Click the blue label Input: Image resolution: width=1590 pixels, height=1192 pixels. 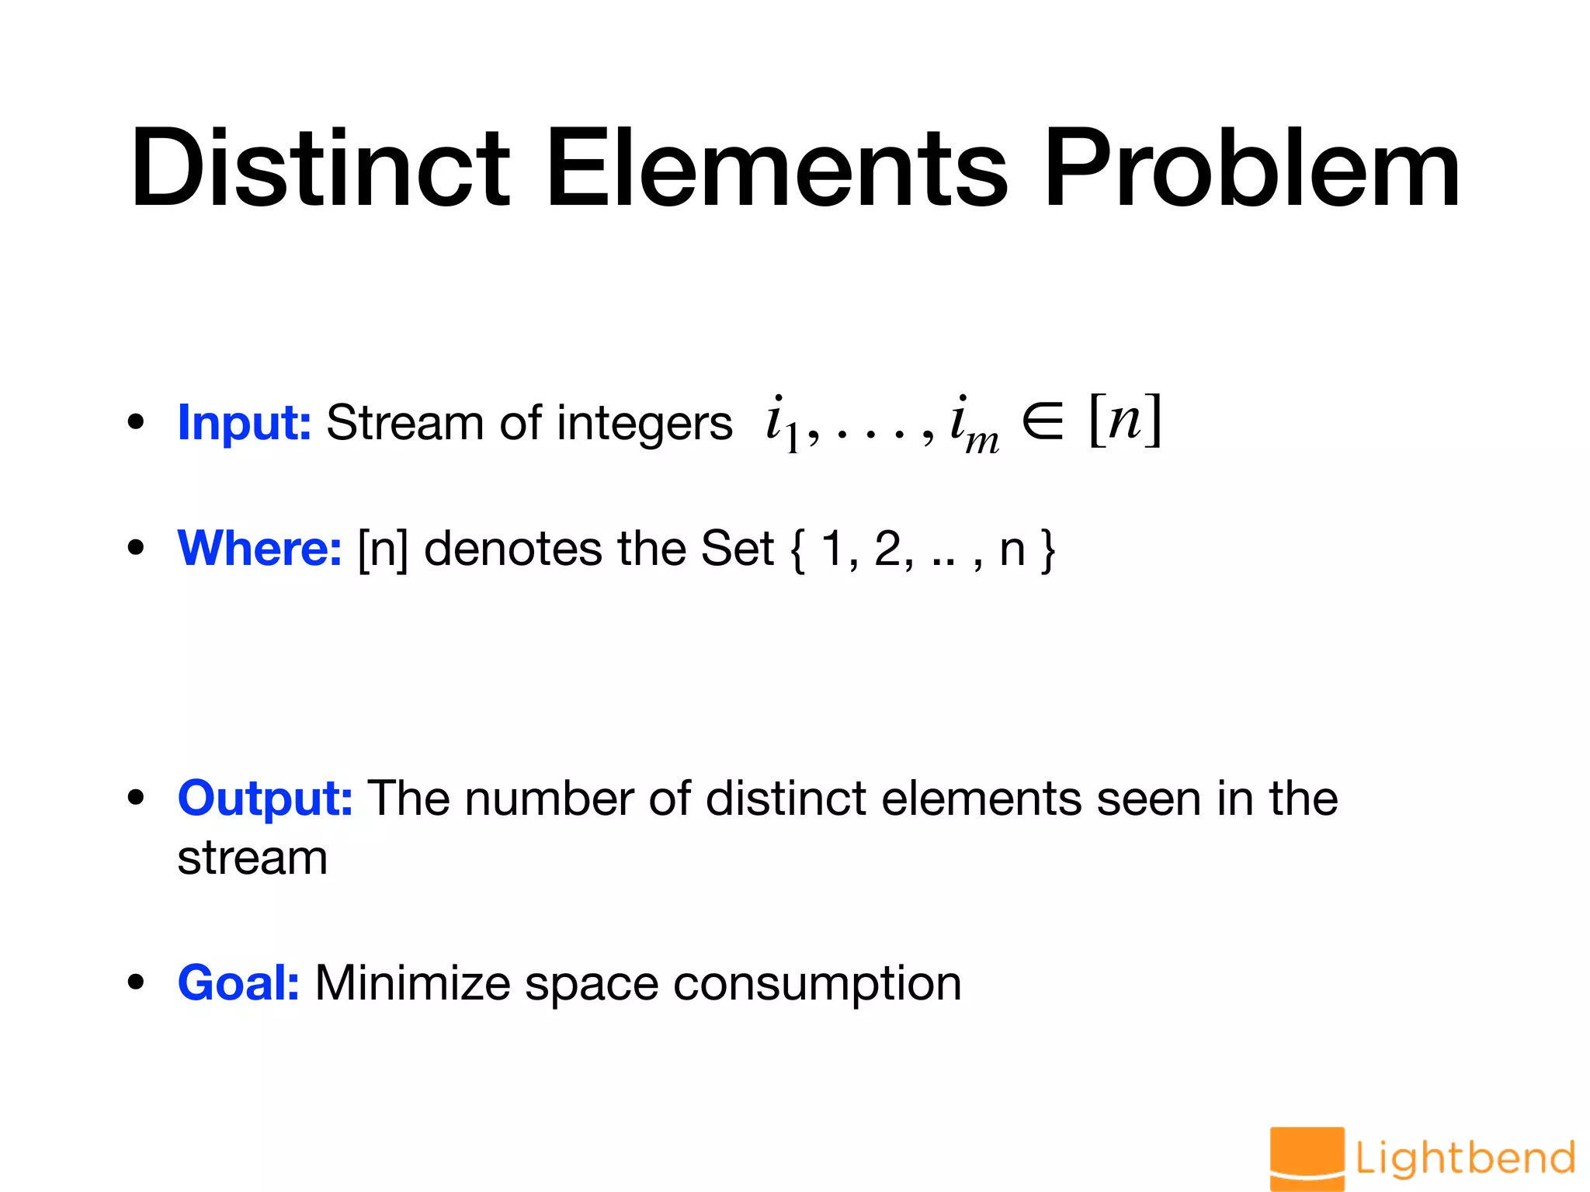pyautogui.click(x=245, y=423)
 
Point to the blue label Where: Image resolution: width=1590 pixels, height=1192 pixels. pyautogui.click(x=259, y=549)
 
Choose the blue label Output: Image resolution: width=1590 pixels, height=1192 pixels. pyautogui.click(x=266, y=798)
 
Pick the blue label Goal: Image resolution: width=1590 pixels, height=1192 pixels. pyautogui.click(x=238, y=983)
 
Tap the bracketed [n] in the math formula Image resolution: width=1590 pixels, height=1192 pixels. pyautogui.click(x=1125, y=420)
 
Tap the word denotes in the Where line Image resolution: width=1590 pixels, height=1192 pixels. pyautogui.click(x=512, y=549)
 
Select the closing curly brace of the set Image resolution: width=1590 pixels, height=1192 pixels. pyautogui.click(x=1048, y=550)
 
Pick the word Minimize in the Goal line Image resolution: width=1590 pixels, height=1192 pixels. pyautogui.click(x=412, y=983)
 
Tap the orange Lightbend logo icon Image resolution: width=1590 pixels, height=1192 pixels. pyautogui.click(x=1307, y=1158)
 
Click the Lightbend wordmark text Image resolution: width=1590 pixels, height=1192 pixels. pyautogui.click(x=1465, y=1159)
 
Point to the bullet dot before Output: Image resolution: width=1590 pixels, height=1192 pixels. pyautogui.click(x=137, y=798)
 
